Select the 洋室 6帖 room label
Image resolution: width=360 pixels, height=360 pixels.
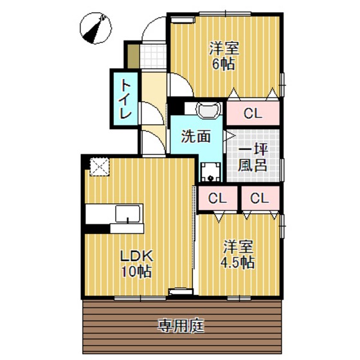pyautogui.click(x=224, y=55)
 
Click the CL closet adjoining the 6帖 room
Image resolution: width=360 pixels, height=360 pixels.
pyautogui.click(x=253, y=114)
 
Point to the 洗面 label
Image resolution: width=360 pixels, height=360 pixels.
pyautogui.click(x=195, y=136)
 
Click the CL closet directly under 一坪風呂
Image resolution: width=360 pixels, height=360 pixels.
pyautogui.click(x=259, y=198)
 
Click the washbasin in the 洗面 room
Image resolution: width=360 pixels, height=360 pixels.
pyautogui.click(x=208, y=111)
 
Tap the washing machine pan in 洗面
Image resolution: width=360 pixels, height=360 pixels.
pyautogui.click(x=208, y=171)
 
